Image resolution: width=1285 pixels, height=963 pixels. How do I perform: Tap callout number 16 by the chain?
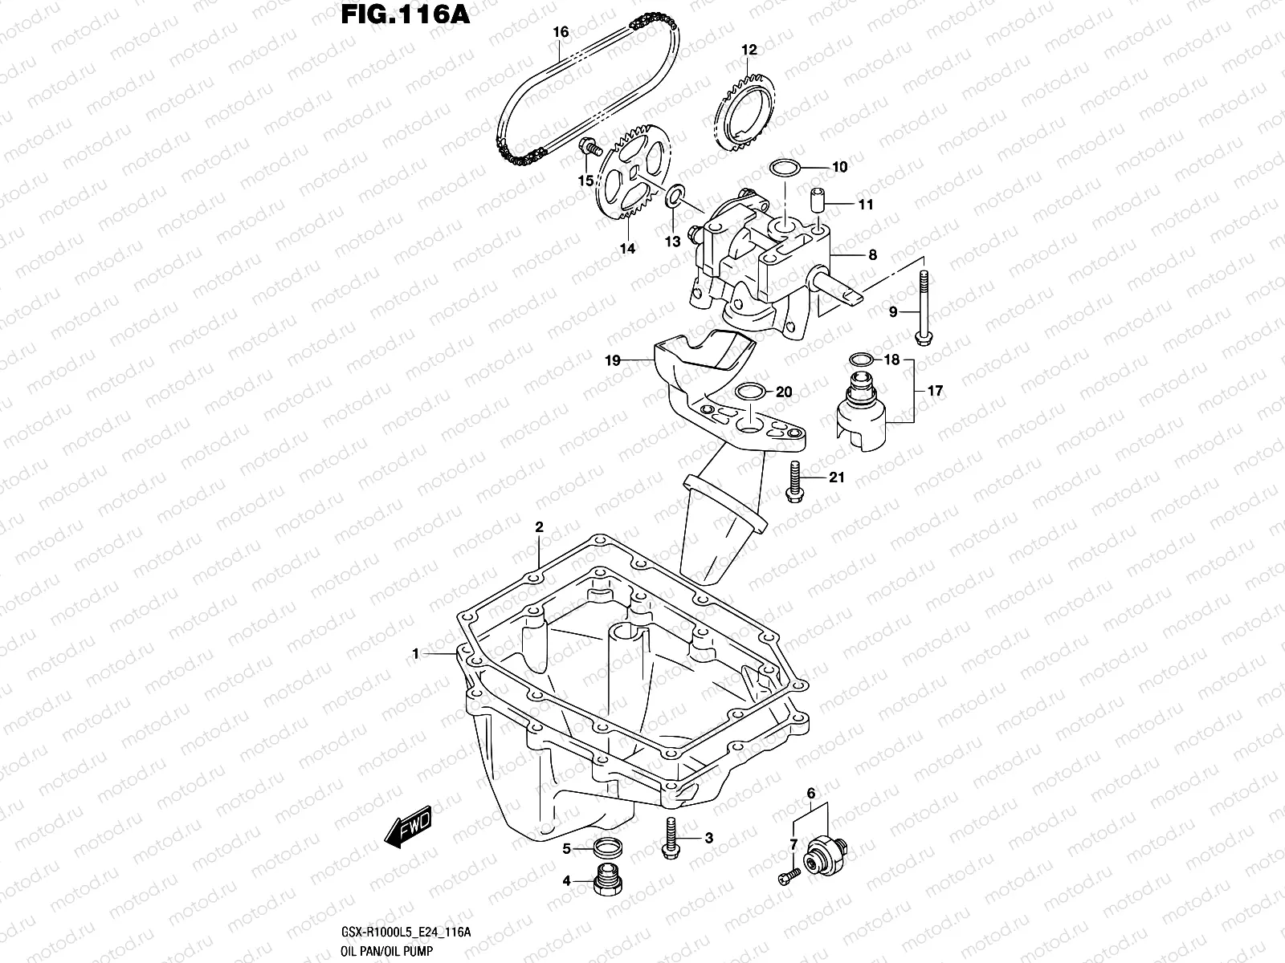pyautogui.click(x=561, y=32)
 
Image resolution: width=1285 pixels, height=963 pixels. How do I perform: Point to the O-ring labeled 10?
pyautogui.click(x=785, y=168)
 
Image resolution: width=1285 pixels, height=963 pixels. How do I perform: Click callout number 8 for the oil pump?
pyautogui.click(x=872, y=256)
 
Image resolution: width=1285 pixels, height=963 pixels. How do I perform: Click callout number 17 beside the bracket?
pyautogui.click(x=935, y=392)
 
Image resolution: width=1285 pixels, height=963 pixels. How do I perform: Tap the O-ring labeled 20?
pyautogui.click(x=750, y=392)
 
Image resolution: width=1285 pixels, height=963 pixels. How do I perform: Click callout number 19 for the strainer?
pyautogui.click(x=612, y=362)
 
